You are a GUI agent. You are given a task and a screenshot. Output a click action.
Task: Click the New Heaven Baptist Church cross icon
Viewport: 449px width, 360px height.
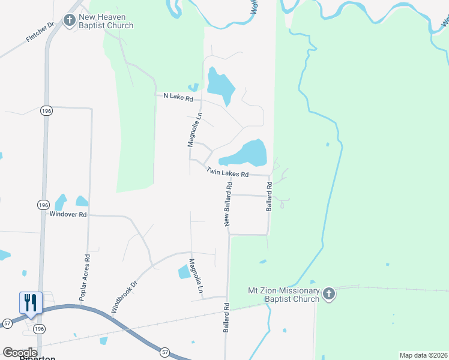[x=70, y=20]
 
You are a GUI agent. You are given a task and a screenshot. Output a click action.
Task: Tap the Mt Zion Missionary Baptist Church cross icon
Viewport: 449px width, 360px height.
[x=328, y=294]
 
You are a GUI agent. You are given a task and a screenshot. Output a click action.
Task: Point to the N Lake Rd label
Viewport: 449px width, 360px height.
[x=178, y=97]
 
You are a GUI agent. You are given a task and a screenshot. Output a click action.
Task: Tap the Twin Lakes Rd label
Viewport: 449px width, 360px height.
[x=227, y=172]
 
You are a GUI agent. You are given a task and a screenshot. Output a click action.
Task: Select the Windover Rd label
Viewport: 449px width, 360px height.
[x=68, y=214]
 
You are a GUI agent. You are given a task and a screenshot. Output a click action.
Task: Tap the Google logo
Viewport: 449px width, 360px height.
[x=20, y=352]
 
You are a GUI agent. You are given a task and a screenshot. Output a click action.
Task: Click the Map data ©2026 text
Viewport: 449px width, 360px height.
[x=423, y=355]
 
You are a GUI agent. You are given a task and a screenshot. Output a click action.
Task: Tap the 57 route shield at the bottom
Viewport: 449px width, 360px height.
[x=164, y=352]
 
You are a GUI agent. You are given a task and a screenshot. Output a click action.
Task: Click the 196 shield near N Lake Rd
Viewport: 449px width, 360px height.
[x=46, y=111]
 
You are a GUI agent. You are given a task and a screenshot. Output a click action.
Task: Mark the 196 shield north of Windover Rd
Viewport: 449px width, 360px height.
[x=43, y=205]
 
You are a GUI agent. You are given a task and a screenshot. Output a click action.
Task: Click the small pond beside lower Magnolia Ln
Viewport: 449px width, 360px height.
[x=184, y=272]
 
